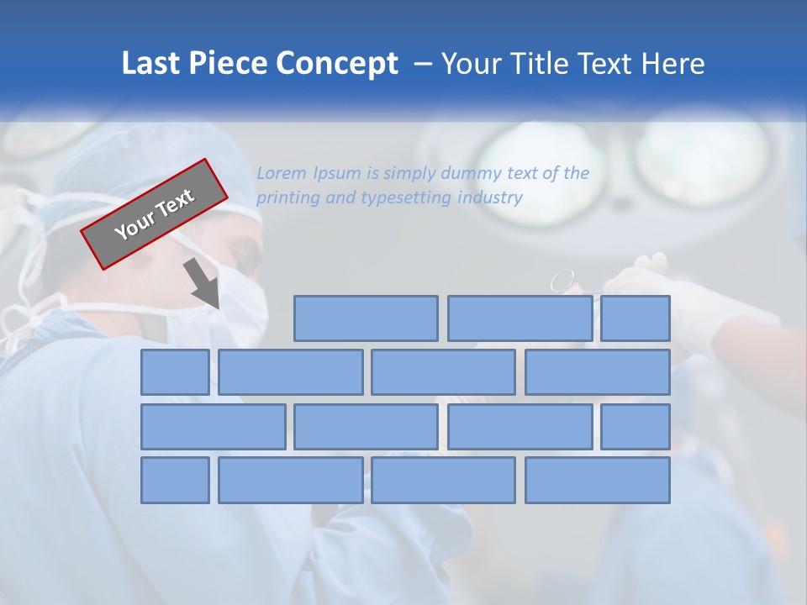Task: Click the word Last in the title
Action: click(151, 64)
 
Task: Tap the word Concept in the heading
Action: click(337, 64)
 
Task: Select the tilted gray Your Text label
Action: click(155, 214)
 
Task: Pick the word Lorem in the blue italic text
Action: click(282, 174)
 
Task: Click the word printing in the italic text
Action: click(289, 198)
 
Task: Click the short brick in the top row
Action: click(636, 318)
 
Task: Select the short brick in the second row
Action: click(175, 372)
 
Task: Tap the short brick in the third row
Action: click(636, 427)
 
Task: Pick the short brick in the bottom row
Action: click(175, 481)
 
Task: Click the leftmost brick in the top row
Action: click(366, 318)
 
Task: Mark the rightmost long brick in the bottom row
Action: click(598, 481)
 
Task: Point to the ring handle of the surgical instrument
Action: click(563, 280)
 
